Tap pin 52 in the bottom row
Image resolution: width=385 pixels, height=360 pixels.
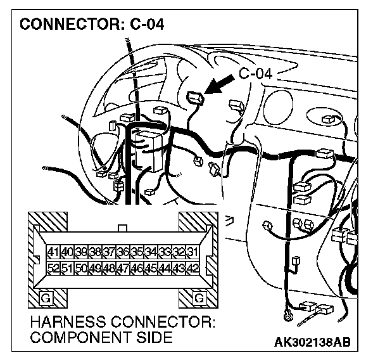pyautogui.click(x=53, y=268)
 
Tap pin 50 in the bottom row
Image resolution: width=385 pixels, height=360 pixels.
pyautogui.click(x=81, y=268)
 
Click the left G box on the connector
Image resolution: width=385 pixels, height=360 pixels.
pyautogui.click(x=46, y=297)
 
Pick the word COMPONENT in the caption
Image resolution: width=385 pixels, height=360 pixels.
pyautogui.click(x=79, y=337)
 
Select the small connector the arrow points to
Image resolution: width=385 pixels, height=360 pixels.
pyautogui.click(x=196, y=97)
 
